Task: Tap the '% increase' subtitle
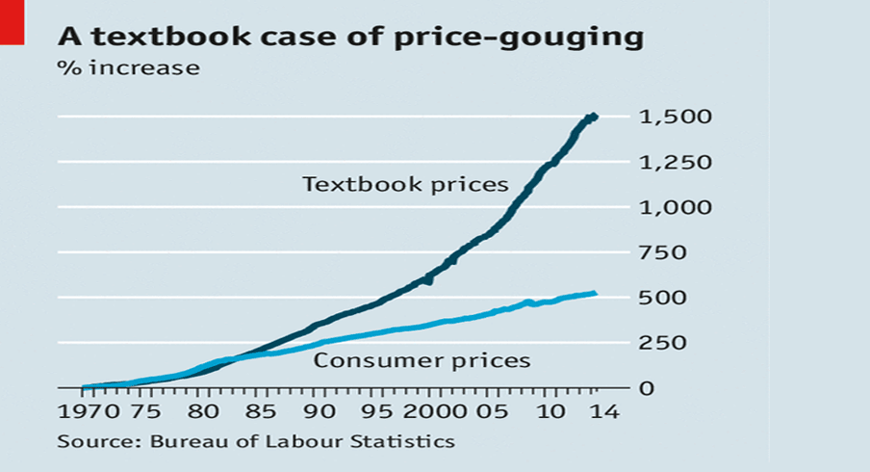point(129,68)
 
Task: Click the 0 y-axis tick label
point(647,388)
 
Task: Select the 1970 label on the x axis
point(84,413)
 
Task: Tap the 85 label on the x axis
point(259,413)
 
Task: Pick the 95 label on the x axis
point(376,413)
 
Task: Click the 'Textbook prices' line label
point(405,184)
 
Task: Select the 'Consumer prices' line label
point(422,361)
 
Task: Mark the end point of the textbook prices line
point(595,117)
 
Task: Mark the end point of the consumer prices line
point(595,294)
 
